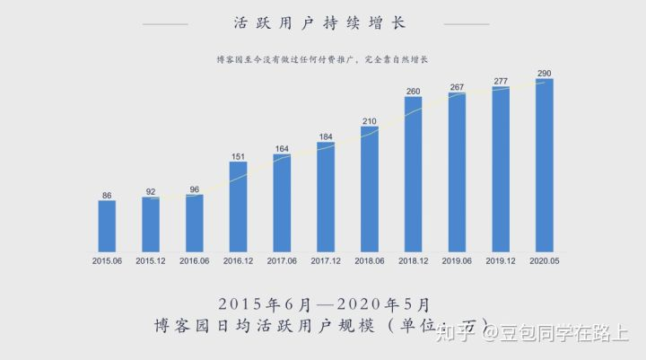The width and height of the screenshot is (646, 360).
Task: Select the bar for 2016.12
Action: tap(238, 206)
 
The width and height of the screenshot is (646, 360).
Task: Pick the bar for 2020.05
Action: tap(544, 164)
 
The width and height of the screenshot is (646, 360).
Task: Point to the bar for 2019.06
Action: tap(457, 171)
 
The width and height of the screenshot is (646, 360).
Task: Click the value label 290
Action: tap(544, 73)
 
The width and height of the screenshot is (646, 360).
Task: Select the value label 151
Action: tap(238, 155)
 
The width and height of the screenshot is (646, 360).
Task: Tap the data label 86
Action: tap(107, 194)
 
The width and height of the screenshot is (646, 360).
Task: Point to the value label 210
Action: tap(369, 120)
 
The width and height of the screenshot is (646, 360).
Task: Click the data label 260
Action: tap(413, 91)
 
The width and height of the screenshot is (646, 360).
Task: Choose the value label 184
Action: tap(325, 136)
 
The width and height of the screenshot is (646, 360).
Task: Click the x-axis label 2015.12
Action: tap(151, 260)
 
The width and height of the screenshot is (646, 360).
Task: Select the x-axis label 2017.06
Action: tap(282, 260)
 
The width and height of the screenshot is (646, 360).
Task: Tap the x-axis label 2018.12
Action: tap(413, 260)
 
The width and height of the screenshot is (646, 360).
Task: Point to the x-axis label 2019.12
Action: tap(500, 260)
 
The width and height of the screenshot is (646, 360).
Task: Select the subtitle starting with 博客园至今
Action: tap(322, 59)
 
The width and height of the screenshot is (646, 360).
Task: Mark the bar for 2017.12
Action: tap(325, 196)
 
